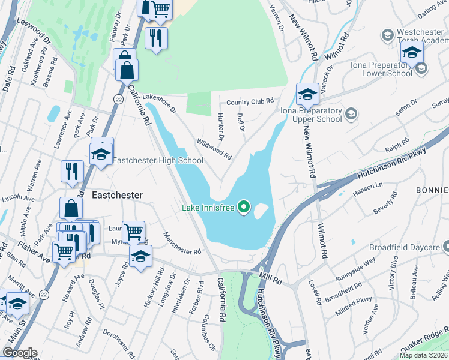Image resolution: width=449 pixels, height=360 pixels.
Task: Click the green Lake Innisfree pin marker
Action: pos(244,208)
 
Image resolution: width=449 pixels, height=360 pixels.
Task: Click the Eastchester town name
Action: pos(117,196)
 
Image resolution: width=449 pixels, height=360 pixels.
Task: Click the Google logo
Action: pos(19,353)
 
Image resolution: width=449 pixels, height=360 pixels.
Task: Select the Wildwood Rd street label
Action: pos(214,149)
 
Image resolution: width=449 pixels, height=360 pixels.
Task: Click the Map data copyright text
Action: pos(423,355)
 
